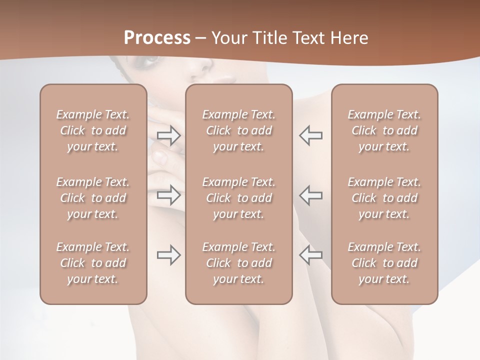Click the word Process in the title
coord(157,38)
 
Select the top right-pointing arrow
coord(169,135)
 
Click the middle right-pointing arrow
coord(169,195)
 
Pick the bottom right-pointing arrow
coord(169,255)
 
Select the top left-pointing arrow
coord(311,135)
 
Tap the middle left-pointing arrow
coord(311,195)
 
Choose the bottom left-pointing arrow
coord(311,255)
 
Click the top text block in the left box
coord(93,130)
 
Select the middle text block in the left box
coord(93,198)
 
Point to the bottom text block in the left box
coord(93,263)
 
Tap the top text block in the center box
coord(238,130)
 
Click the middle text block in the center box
coord(238,198)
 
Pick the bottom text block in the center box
coord(238,263)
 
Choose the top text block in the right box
coord(384,130)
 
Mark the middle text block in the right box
coord(384,198)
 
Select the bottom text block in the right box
coord(384,263)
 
